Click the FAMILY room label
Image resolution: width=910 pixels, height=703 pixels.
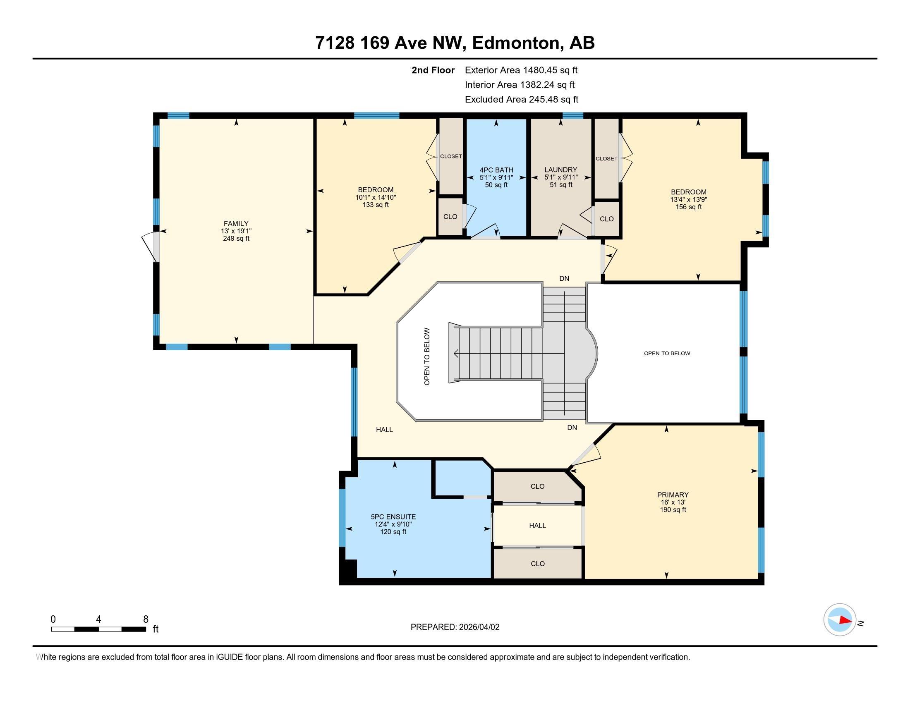click(236, 224)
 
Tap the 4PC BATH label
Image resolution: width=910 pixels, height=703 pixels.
click(496, 170)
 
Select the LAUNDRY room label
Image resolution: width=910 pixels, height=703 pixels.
click(560, 170)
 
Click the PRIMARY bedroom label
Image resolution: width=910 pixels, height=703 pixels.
click(673, 495)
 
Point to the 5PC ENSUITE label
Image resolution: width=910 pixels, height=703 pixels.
click(393, 517)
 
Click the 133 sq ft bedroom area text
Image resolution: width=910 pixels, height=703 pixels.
click(376, 205)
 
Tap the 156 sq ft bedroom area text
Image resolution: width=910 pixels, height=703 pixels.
click(688, 207)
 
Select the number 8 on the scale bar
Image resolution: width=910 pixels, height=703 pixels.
click(146, 619)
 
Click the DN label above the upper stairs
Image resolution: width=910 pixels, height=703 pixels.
click(564, 279)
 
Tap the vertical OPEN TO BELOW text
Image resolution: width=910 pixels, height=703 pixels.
click(427, 356)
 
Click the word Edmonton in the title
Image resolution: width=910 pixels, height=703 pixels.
click(516, 43)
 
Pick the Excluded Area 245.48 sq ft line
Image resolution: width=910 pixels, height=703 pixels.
click(521, 100)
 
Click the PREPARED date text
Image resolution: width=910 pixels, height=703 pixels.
click(455, 627)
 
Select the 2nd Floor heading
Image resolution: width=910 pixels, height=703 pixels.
click(433, 70)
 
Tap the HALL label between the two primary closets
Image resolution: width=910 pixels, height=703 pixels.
click(537, 526)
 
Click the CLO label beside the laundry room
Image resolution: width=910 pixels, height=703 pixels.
click(606, 219)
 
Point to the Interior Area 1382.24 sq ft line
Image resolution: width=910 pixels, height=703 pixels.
click(519, 85)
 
